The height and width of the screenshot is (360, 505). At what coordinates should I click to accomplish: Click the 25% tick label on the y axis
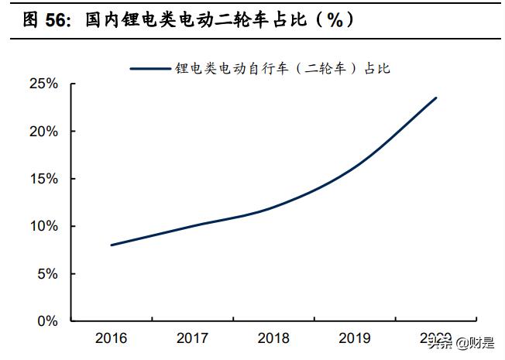click(44, 84)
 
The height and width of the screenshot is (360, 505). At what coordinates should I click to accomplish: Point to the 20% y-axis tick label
click(44, 132)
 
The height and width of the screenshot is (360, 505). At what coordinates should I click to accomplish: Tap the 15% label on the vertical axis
click(44, 179)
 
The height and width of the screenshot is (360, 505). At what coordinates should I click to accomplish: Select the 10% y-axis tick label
click(44, 226)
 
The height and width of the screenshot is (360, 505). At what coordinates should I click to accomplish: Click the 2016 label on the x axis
click(112, 338)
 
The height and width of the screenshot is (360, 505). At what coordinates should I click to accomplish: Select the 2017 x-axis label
click(192, 338)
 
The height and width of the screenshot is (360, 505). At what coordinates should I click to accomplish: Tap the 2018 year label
click(273, 338)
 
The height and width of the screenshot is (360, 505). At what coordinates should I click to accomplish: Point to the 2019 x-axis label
click(355, 338)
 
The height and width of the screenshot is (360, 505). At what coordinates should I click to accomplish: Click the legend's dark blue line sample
click(150, 69)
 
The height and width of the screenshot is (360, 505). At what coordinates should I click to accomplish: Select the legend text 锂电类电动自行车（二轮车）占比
click(282, 69)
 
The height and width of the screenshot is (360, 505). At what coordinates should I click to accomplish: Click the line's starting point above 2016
click(112, 245)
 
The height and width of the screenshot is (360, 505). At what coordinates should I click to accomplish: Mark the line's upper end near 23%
click(436, 98)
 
